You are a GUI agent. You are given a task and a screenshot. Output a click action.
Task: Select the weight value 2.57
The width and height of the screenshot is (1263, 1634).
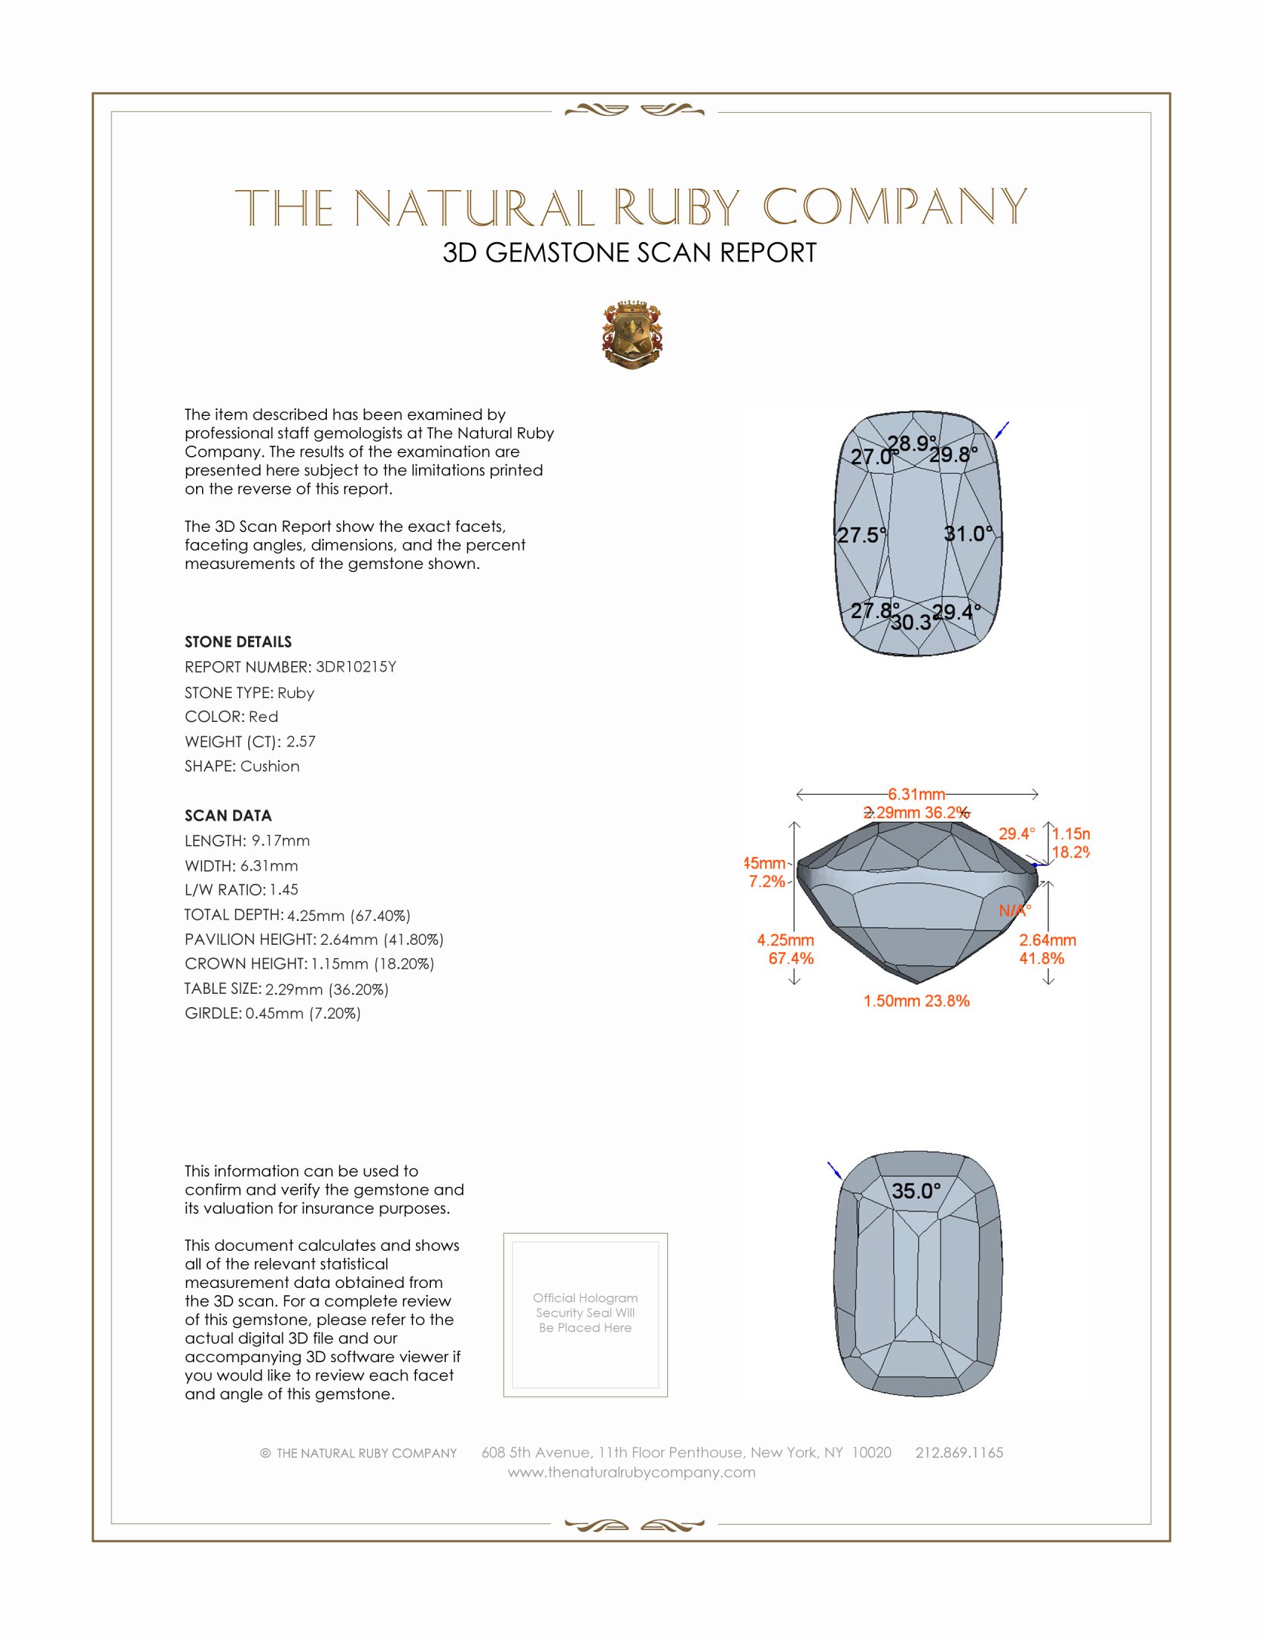301,741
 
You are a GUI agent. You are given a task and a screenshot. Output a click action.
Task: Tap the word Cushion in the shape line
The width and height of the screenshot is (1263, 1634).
270,766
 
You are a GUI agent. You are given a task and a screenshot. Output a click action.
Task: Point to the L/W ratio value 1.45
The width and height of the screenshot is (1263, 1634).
284,890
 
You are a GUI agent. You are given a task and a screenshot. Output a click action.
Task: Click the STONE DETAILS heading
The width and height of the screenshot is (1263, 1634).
238,642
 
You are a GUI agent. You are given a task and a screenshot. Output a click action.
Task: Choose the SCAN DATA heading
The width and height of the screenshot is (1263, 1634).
228,816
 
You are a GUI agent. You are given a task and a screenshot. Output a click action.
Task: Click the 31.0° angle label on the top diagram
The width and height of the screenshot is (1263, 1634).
968,533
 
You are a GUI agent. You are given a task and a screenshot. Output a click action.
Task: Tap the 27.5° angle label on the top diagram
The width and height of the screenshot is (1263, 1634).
861,535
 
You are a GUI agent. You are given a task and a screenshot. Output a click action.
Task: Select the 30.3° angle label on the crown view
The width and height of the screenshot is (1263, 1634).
910,622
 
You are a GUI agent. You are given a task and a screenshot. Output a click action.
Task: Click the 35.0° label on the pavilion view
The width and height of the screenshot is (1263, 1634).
916,1191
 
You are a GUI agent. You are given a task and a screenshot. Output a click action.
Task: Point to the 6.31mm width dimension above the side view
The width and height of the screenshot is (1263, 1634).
917,794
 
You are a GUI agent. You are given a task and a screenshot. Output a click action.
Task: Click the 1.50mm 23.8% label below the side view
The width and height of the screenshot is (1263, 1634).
916,1001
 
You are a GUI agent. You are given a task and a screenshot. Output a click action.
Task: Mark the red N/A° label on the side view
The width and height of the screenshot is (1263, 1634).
1015,911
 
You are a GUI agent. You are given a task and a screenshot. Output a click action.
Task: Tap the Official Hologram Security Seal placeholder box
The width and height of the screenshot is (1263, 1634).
585,1315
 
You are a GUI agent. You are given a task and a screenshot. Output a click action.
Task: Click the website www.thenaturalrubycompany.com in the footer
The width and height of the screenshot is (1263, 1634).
631,1472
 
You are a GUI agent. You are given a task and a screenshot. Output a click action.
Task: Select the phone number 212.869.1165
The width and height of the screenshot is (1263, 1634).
958,1452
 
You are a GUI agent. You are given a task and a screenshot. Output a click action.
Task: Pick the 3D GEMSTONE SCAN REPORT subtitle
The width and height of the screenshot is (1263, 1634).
629,253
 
